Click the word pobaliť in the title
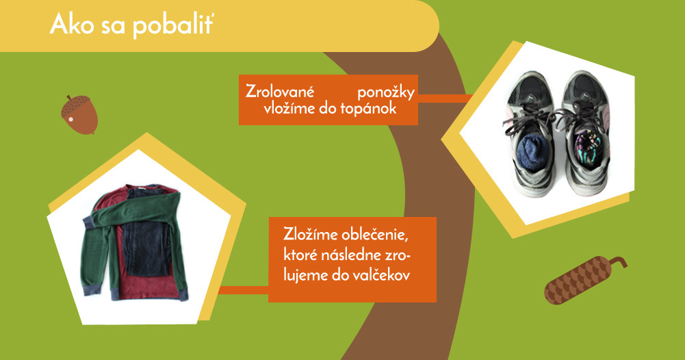pyautogui.click(x=172, y=25)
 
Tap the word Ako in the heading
pyautogui.click(x=72, y=23)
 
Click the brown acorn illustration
pyautogui.click(x=79, y=114)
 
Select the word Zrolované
pyautogui.click(x=280, y=91)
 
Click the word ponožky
pyautogui.click(x=386, y=93)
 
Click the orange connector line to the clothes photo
pyautogui.click(x=244, y=290)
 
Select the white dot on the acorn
pyautogui.click(x=70, y=119)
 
